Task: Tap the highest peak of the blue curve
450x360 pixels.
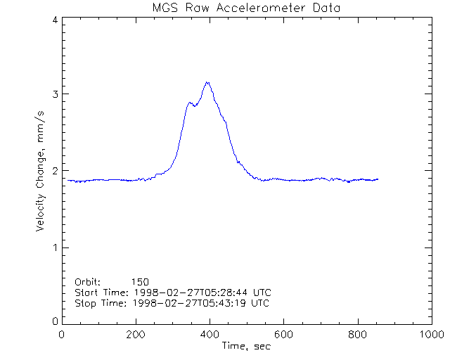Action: [207, 82]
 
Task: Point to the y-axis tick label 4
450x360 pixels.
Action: [54, 20]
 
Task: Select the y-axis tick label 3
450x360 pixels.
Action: [54, 94]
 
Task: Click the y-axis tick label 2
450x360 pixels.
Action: [54, 171]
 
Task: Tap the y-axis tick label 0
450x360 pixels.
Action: [54, 321]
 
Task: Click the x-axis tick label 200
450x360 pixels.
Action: [136, 335]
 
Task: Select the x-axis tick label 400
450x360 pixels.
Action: [210, 335]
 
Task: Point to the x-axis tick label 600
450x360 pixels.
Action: [283, 335]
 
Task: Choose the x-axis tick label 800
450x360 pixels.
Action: [357, 335]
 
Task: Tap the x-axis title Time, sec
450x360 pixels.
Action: [246, 346]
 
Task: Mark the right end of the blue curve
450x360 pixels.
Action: [378, 179]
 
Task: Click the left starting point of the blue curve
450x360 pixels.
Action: [67, 181]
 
